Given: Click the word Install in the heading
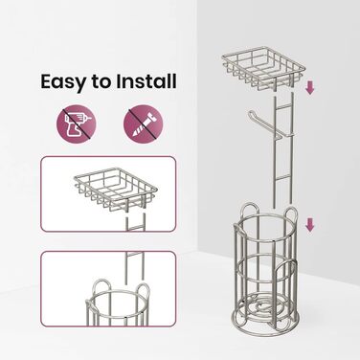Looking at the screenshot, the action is pos(146,81).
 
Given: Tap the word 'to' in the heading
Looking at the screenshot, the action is pos(101,82).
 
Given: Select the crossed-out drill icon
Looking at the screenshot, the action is pos(77,124).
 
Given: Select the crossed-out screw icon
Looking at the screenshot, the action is pos(144,124).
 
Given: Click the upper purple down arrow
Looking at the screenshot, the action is pos(309,87).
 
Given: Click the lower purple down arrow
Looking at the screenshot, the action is pos(309,225).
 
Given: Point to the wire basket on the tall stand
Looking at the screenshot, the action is pos(264,68).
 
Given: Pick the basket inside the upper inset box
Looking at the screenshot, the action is pos(116,190).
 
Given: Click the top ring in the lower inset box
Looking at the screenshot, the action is pos(121,297).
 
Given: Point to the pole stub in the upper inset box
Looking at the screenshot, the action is pos(135,222).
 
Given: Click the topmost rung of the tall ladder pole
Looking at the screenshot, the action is pos(282,106).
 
